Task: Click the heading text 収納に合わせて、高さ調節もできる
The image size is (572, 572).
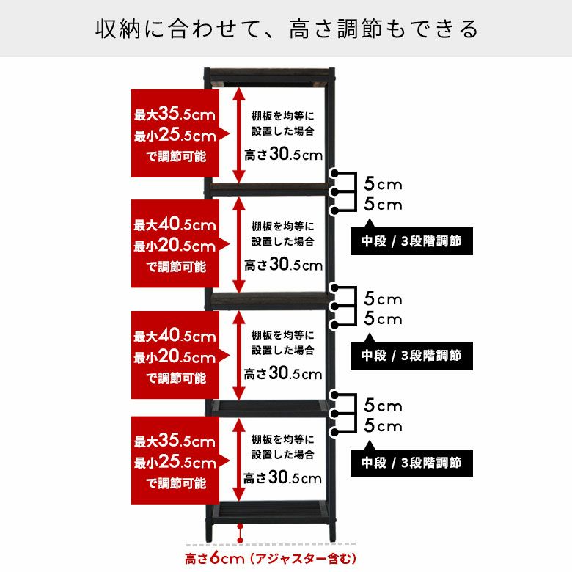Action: [x=287, y=29]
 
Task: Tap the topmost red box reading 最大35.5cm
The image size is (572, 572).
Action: [x=175, y=133]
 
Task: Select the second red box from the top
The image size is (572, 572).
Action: [x=175, y=243]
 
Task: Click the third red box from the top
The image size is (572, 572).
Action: [x=175, y=355]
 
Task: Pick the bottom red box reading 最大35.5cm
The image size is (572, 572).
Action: [x=175, y=461]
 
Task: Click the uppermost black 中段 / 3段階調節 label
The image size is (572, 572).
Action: [x=411, y=241]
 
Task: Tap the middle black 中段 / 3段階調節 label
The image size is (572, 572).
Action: [x=411, y=356]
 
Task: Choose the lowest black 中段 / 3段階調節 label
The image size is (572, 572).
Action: [x=411, y=463]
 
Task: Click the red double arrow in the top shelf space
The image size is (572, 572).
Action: [x=239, y=136]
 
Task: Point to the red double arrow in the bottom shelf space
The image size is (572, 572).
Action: [x=239, y=460]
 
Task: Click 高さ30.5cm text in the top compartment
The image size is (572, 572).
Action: [x=284, y=154]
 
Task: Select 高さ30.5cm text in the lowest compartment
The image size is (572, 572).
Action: [x=283, y=477]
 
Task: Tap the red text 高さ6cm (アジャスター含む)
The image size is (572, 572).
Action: [x=271, y=559]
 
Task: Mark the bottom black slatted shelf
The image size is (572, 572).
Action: [x=270, y=513]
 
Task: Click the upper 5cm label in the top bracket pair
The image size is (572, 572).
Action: [x=383, y=184]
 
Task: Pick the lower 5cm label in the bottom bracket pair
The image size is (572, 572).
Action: [x=383, y=426]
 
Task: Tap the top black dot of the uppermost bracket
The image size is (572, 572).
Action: [x=334, y=173]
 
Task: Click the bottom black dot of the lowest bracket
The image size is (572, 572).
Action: [x=334, y=433]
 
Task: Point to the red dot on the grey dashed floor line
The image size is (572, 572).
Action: [x=240, y=540]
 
